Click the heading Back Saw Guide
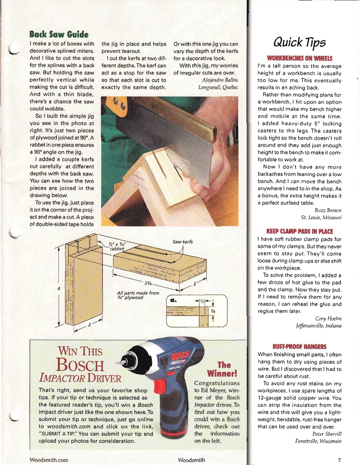click(58, 34)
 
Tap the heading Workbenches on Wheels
click(299, 58)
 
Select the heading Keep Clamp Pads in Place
click(299, 231)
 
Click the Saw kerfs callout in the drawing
click(183, 242)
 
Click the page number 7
click(339, 460)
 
